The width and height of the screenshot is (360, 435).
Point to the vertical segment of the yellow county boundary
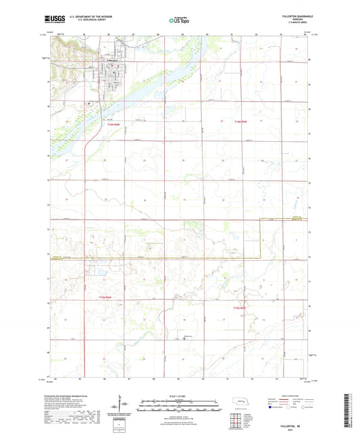click(x=261, y=239)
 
